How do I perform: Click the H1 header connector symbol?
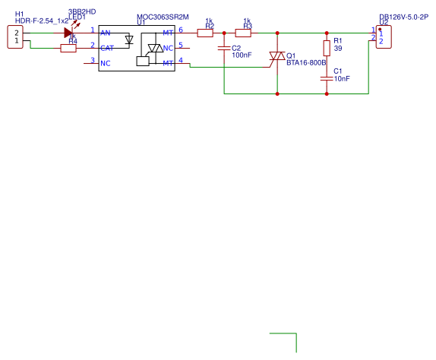(14, 36)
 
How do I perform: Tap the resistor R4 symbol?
(68, 48)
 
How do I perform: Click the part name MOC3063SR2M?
(163, 17)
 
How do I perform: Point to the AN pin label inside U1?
(106, 32)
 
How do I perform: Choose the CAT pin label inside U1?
(107, 48)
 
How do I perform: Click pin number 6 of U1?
(181, 30)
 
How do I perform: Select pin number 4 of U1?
(181, 60)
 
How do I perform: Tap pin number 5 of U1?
(181, 45)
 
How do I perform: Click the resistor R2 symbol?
(205, 32)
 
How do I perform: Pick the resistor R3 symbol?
(243, 32)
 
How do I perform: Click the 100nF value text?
(242, 55)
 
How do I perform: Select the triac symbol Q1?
(277, 57)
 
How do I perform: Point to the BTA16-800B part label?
(306, 62)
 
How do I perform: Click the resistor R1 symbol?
(327, 48)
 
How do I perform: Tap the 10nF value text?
(342, 79)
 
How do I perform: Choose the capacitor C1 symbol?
(327, 77)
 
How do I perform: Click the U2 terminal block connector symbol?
(384, 37)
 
